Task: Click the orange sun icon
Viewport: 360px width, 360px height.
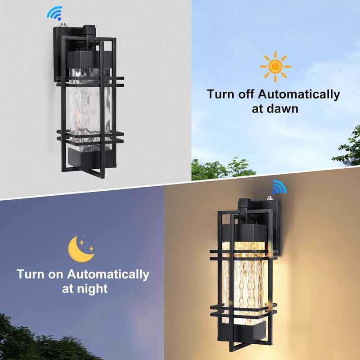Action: [275, 67]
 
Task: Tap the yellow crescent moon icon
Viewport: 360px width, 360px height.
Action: [81, 249]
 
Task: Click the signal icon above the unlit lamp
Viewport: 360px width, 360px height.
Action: [54, 13]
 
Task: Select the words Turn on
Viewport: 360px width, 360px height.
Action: [40, 274]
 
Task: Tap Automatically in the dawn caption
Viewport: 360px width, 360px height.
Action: [299, 94]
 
